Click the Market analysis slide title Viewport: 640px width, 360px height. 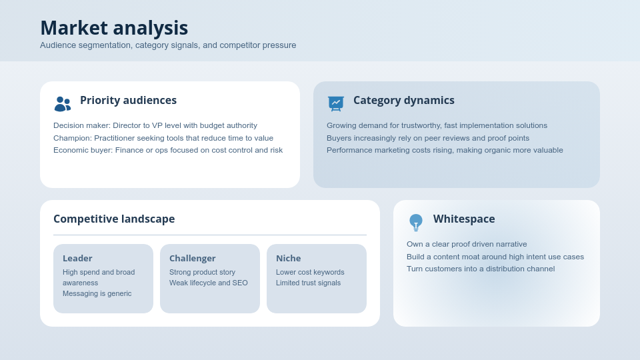tap(114, 28)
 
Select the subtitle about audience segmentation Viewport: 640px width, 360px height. tap(168, 45)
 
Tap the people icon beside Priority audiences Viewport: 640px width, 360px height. tap(62, 103)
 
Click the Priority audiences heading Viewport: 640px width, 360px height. tap(128, 101)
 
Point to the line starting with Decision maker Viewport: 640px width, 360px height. tap(155, 125)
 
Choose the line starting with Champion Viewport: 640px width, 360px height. tap(163, 138)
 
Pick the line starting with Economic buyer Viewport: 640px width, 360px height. tap(168, 150)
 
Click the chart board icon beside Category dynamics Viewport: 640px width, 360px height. tap(336, 103)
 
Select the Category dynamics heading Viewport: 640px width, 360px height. tap(403, 101)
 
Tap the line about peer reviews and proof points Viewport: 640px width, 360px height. tap(428, 138)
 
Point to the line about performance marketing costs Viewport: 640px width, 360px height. tap(445, 150)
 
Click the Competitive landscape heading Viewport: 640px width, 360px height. tap(114, 219)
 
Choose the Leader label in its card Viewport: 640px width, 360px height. tap(77, 259)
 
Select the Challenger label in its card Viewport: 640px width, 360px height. tap(192, 259)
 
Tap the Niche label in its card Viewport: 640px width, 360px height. tap(288, 259)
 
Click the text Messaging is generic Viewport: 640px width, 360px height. tap(97, 293)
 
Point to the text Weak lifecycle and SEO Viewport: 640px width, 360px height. tap(208, 283)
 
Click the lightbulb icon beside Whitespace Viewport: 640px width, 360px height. tap(416, 222)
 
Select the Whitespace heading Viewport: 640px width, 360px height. tap(464, 219)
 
